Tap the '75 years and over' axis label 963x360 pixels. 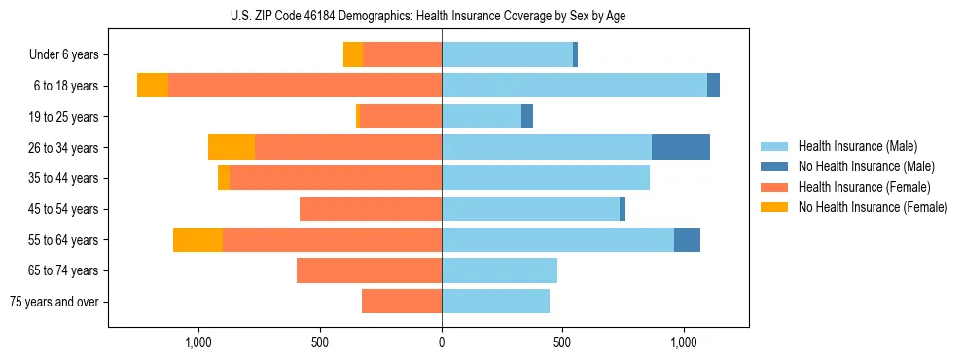point(54,302)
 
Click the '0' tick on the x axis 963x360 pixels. point(442,342)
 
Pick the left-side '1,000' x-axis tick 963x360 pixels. point(198,342)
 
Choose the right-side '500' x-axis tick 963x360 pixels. point(562,342)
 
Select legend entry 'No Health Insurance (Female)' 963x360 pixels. point(873,207)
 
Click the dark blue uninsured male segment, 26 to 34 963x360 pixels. point(681,147)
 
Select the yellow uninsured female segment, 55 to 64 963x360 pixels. point(197,239)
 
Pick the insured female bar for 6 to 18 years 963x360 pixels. point(304,86)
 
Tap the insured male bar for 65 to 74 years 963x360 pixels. point(499,270)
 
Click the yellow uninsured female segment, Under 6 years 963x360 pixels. point(353,54)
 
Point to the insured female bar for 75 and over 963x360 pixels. point(402,302)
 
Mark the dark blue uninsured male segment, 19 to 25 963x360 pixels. point(527,117)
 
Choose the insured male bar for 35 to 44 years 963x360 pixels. point(546,178)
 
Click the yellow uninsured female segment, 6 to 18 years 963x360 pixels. point(153,86)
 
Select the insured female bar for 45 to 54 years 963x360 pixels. point(371,209)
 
